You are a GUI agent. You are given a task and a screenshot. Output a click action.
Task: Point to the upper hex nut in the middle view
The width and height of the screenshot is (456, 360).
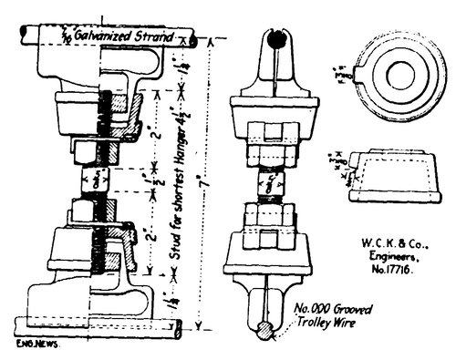pyautogui.click(x=270, y=144)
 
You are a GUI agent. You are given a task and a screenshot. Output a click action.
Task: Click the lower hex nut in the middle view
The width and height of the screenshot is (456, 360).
pyautogui.click(x=269, y=216)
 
